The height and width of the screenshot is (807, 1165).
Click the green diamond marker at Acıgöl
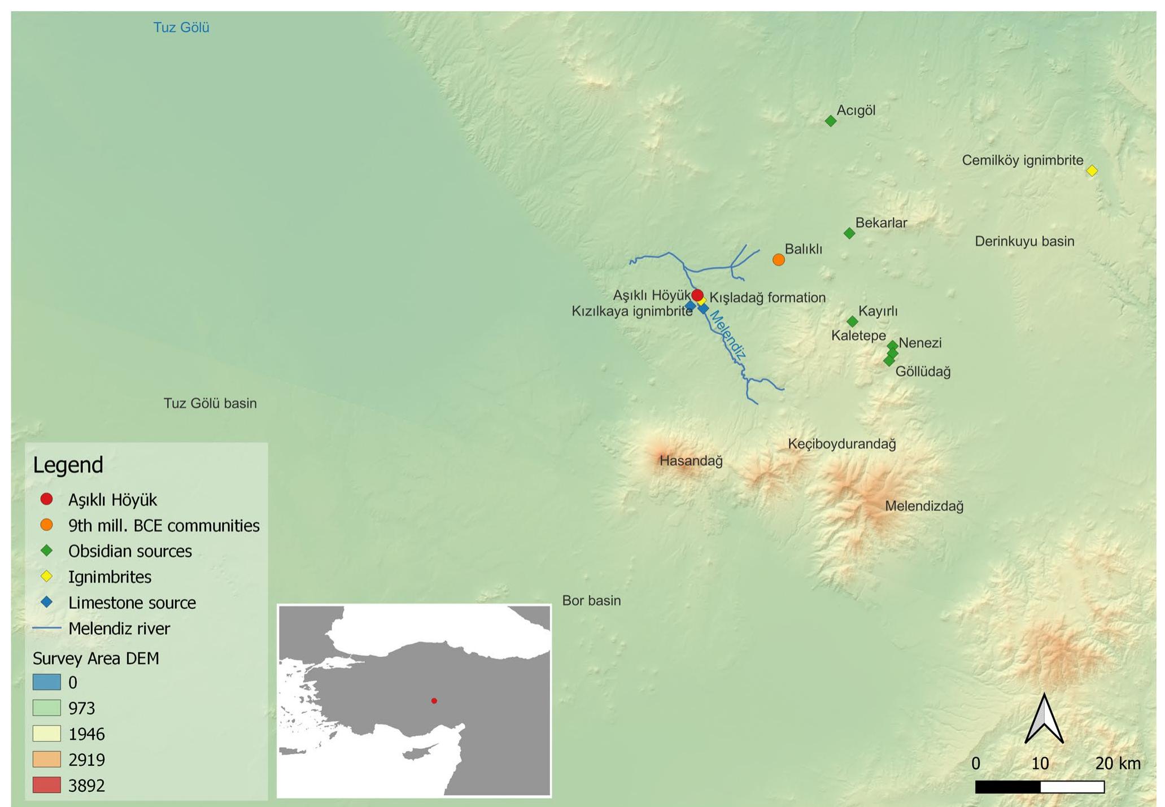[830, 121]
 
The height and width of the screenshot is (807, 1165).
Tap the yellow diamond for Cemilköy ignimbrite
[1092, 171]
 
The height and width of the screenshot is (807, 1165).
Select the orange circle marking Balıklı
[778, 260]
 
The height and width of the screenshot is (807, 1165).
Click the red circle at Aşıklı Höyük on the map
[697, 295]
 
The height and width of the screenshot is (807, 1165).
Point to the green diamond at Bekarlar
[849, 233]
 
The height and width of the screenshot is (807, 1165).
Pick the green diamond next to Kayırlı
[852, 322]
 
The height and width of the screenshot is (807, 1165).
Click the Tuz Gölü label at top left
[181, 28]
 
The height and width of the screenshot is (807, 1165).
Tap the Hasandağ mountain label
[691, 461]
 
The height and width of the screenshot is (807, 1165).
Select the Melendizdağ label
[924, 506]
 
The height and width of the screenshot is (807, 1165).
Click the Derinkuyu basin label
[1024, 242]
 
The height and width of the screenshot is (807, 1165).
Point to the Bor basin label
[591, 600]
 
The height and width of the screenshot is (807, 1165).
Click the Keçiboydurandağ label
[842, 444]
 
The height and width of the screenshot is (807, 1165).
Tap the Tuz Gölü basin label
[210, 403]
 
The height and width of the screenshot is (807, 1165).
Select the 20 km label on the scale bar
[1118, 764]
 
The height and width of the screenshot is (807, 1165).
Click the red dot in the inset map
[434, 701]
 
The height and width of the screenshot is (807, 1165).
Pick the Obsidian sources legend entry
[130, 551]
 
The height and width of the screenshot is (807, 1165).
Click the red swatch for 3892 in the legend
[46, 785]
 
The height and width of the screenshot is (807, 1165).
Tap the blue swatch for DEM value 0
[46, 682]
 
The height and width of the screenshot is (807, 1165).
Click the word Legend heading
[68, 465]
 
